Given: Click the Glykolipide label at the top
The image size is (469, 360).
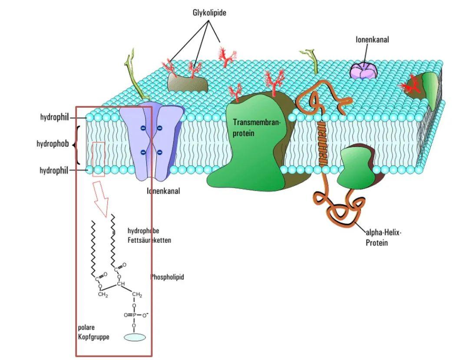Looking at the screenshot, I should pos(209,13).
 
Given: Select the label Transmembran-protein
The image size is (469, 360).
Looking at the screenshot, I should pos(257,128).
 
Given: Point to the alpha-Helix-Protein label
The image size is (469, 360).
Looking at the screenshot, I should pos(383,238).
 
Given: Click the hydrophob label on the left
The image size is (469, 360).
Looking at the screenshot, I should pos(53,143).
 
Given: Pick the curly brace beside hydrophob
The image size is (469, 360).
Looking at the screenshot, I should pos(78,145).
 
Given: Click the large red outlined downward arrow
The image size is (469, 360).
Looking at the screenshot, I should pos(101,198).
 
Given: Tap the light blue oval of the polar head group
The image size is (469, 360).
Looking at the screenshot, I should pos(135,337).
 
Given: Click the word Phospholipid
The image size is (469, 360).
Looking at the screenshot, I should pos(167,277).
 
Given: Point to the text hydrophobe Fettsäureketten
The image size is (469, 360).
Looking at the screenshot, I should pos(149,235).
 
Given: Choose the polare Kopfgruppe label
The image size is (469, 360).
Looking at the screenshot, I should pos(93,332).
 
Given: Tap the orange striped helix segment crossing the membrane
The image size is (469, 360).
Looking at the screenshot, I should pos(322,144).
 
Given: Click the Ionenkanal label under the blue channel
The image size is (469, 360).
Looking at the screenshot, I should pos(163,191).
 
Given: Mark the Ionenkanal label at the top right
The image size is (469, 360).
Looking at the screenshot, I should pos(372,40).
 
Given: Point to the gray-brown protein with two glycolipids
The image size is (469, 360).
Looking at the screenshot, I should pos(187,81).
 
